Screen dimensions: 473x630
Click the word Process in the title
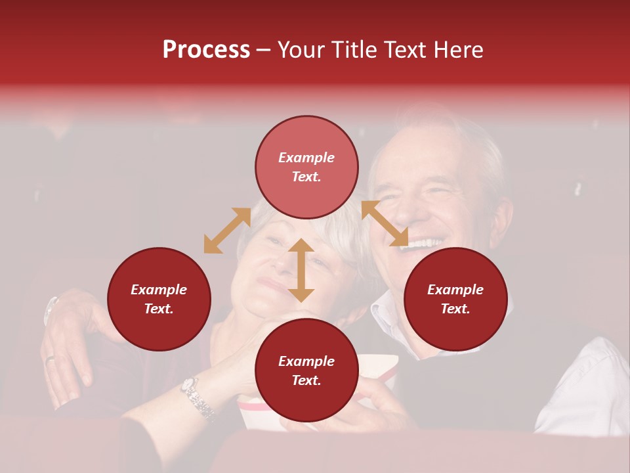click(206, 50)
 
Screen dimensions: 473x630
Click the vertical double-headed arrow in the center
click(301, 270)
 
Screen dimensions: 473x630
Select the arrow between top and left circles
click(227, 231)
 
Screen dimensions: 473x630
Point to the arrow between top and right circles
click(385, 223)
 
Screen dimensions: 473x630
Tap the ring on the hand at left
click(51, 359)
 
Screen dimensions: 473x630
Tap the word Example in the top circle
click(306, 158)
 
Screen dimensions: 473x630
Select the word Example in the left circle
click(159, 290)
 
